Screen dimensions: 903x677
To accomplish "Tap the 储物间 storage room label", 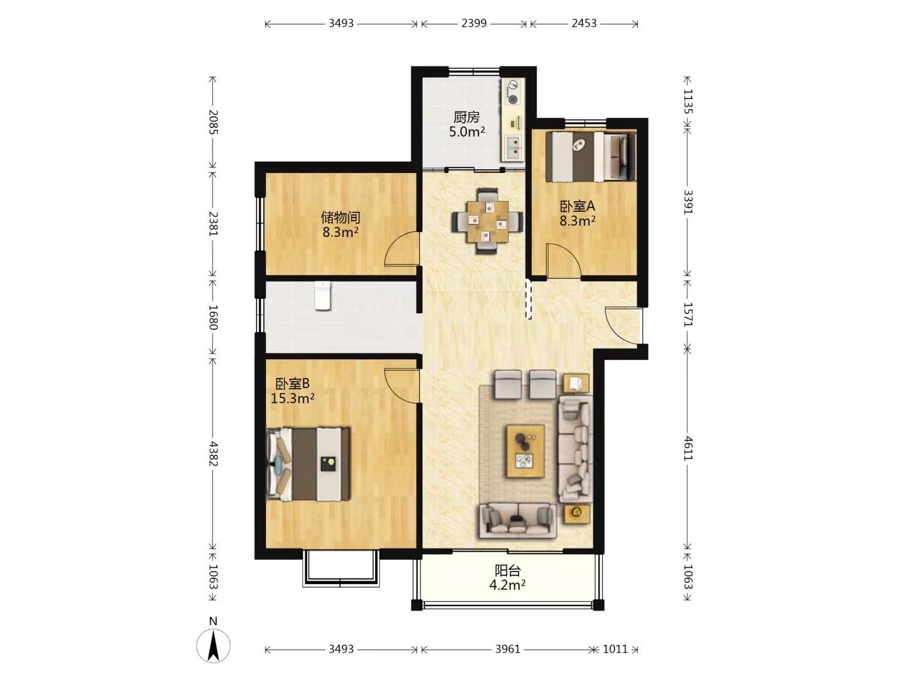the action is point(341,217).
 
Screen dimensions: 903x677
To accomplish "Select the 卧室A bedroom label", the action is point(577,206).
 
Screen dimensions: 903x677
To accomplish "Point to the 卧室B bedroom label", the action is point(292,384).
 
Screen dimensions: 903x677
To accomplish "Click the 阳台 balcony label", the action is point(508,570).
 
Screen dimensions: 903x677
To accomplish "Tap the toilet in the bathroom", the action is point(322,295).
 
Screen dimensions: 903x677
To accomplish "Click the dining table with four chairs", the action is point(487,221).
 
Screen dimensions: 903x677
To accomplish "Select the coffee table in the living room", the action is point(525,451).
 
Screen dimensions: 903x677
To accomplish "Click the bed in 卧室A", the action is point(591,156).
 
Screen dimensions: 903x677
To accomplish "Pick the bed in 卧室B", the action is point(308,464).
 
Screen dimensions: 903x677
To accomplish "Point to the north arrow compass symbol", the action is point(213,645).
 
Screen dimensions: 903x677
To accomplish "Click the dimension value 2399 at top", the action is point(474,23).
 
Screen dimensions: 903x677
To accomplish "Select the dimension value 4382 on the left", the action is point(213,454).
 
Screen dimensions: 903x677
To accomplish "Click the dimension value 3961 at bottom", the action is point(508,649).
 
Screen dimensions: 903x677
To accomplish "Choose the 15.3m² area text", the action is point(292,398).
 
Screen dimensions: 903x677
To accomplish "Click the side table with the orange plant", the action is point(577,513).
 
